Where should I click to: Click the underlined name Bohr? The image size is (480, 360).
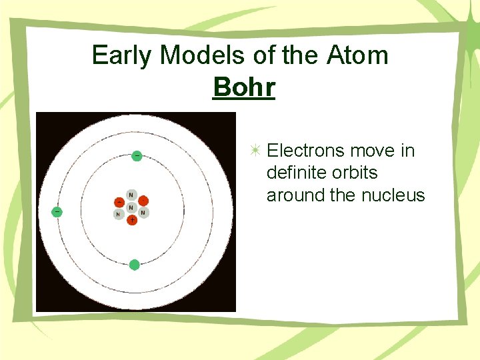[x=244, y=87]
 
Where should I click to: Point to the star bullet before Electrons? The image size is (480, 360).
[x=255, y=151]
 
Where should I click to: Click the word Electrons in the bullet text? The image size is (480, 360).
[x=304, y=151]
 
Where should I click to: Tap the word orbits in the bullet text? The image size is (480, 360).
[x=355, y=173]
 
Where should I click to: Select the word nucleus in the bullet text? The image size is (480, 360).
[x=393, y=195]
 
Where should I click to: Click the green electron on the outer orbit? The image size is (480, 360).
[x=57, y=211]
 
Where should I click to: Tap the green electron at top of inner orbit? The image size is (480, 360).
[x=136, y=155]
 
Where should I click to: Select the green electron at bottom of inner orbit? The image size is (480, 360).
[x=134, y=265]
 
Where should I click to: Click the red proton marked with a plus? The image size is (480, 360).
[x=131, y=219]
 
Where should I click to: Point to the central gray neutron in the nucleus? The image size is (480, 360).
[x=131, y=207]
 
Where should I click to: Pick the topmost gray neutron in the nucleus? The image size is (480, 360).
[x=131, y=195]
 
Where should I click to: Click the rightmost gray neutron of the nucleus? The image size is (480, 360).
[x=143, y=213]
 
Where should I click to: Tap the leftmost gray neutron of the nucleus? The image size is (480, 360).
[x=118, y=214]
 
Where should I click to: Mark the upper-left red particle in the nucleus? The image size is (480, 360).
[x=119, y=201]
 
